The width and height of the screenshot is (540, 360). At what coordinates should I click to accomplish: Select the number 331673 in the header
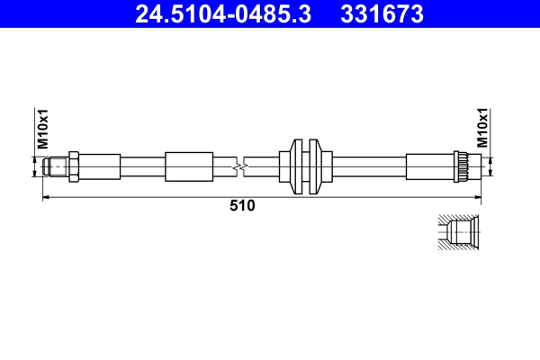click(x=382, y=13)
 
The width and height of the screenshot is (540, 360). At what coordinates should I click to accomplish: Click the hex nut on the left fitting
click(x=76, y=166)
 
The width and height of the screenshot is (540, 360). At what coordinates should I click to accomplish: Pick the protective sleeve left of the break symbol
click(x=189, y=166)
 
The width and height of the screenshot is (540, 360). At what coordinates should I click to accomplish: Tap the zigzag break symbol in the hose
click(x=238, y=166)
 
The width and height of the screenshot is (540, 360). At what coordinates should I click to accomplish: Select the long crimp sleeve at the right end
click(x=430, y=166)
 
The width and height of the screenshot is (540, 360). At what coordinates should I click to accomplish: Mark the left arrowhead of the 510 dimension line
click(x=48, y=195)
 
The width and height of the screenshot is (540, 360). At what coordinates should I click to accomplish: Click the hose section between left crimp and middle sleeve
click(x=142, y=166)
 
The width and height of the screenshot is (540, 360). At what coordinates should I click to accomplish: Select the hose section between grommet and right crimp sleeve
click(x=369, y=166)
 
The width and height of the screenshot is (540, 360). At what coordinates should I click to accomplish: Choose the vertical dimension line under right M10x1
click(x=490, y=166)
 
